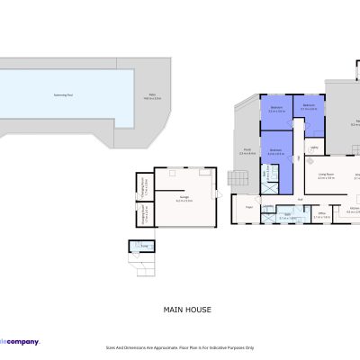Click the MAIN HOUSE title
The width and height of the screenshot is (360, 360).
[x=187, y=310]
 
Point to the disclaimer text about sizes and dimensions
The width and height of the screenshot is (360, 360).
[x=180, y=346]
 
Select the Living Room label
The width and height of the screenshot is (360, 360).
[x=326, y=176]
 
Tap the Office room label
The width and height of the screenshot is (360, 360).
[x=321, y=215]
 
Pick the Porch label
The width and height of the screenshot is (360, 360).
[x=245, y=152]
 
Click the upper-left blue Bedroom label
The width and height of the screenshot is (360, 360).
[x=276, y=110]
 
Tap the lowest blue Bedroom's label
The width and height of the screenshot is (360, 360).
[x=275, y=152]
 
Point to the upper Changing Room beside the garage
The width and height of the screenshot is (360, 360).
[x=143, y=186]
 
